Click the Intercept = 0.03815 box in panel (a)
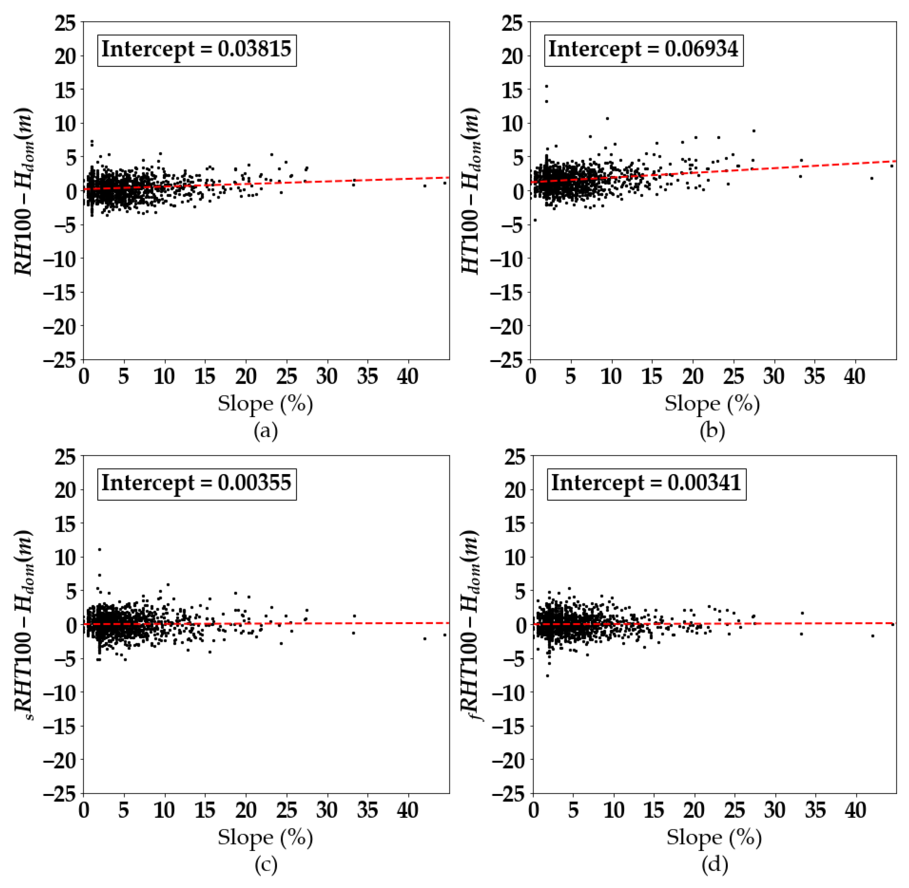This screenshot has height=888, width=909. (x=197, y=49)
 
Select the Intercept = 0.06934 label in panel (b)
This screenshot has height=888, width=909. (x=643, y=49)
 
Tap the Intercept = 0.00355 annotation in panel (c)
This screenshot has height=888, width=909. (x=197, y=483)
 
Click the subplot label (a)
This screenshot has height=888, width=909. (x=266, y=431)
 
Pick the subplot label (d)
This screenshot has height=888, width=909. (x=714, y=864)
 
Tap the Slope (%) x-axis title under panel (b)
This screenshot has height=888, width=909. (x=712, y=404)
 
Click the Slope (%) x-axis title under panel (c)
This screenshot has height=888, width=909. (x=265, y=837)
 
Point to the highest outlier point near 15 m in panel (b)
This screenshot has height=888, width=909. (x=547, y=86)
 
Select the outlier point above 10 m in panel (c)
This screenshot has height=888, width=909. (x=99, y=549)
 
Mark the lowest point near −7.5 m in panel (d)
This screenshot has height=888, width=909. (x=548, y=676)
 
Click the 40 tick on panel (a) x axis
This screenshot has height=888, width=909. (x=407, y=376)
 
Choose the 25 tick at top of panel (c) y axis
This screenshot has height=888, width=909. (x=65, y=456)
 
